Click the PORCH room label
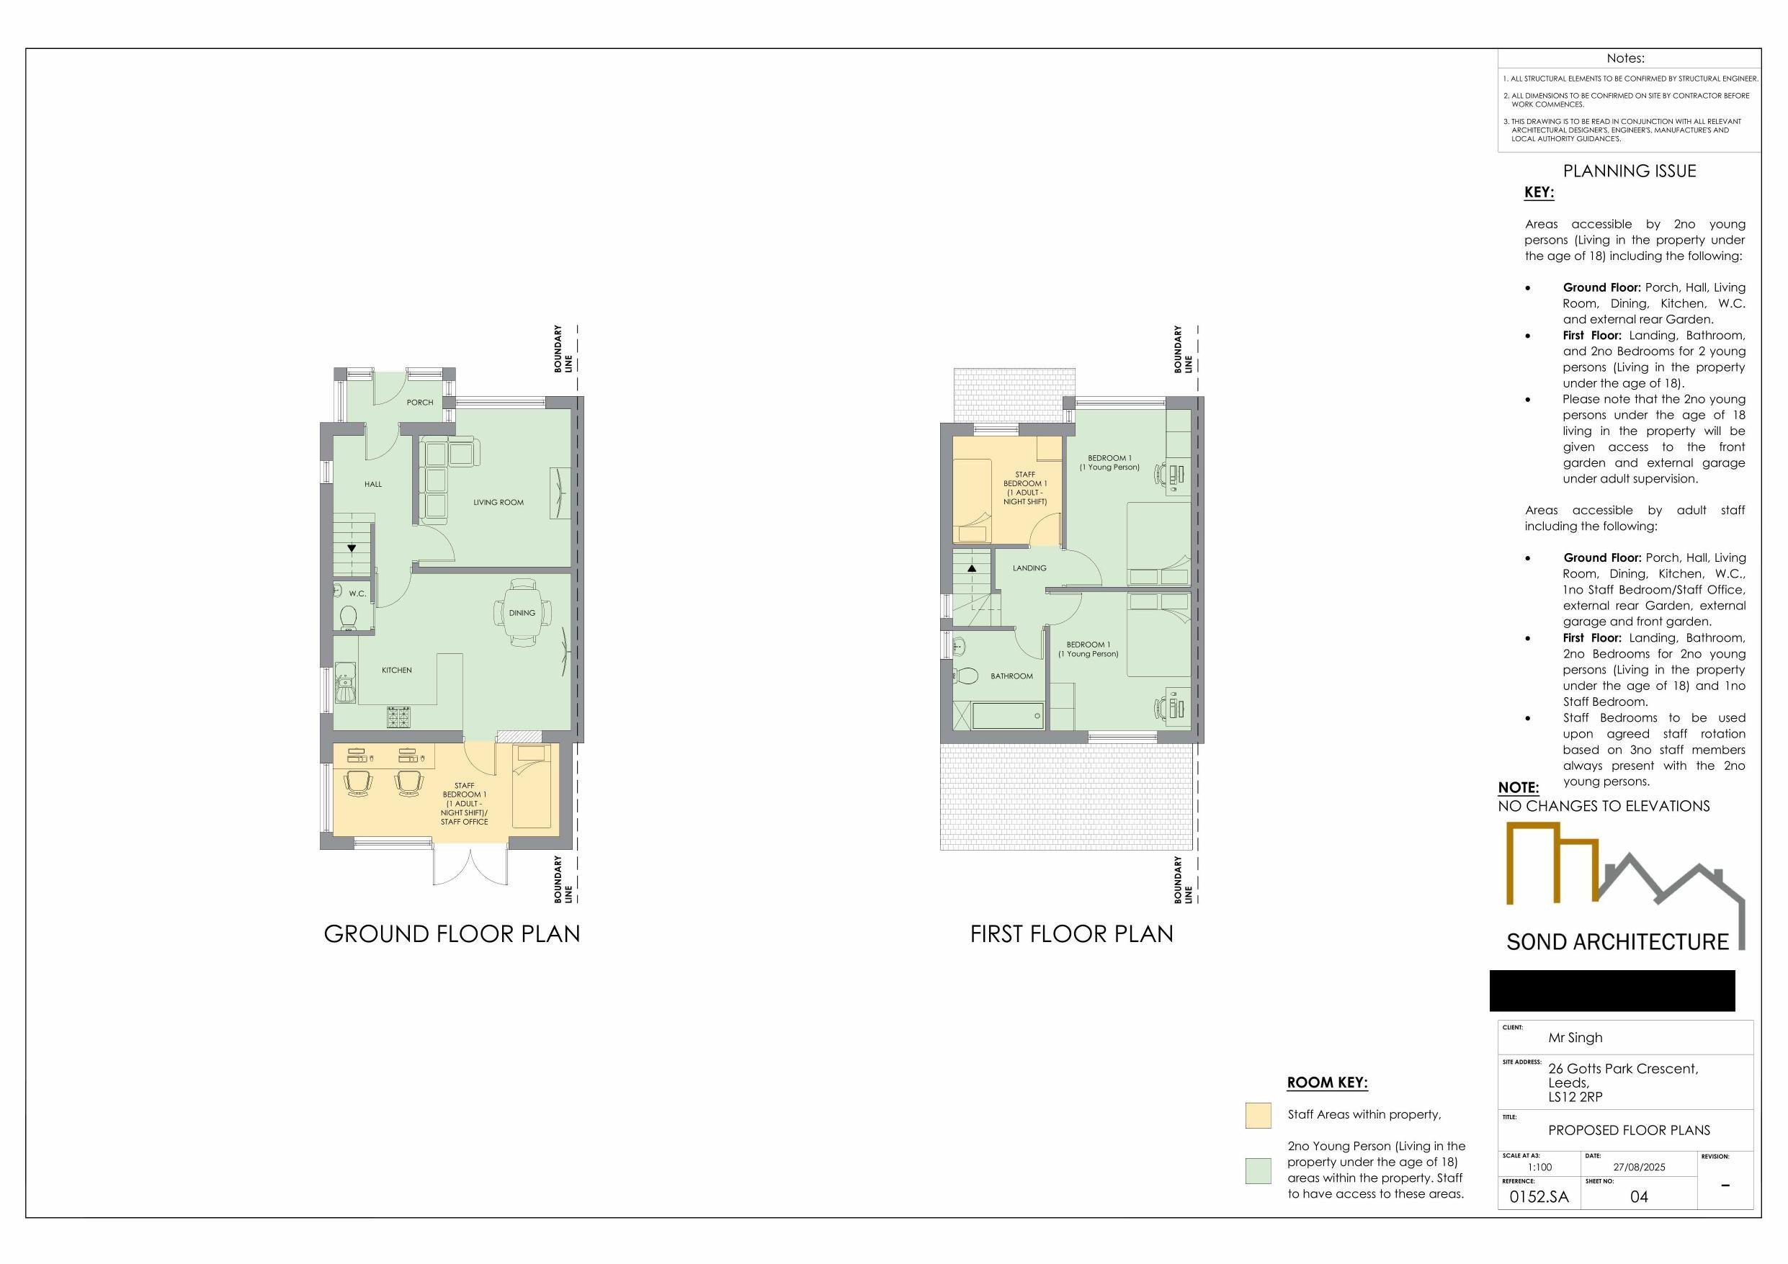(420, 403)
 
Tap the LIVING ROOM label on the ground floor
(499, 502)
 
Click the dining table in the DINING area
(522, 613)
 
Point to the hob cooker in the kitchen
(398, 717)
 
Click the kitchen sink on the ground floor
(345, 683)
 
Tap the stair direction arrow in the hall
(352, 548)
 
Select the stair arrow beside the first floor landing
(972, 568)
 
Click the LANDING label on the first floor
(1029, 568)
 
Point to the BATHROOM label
(1011, 676)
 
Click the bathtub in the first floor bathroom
(1008, 716)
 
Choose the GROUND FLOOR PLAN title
(452, 934)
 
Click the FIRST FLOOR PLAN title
(1071, 934)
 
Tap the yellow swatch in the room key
(1259, 1115)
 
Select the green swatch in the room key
(1259, 1170)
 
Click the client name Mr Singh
(1575, 1037)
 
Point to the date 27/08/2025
(1640, 1167)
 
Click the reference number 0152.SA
(1539, 1197)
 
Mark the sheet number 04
(1640, 1197)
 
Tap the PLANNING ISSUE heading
(1629, 171)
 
